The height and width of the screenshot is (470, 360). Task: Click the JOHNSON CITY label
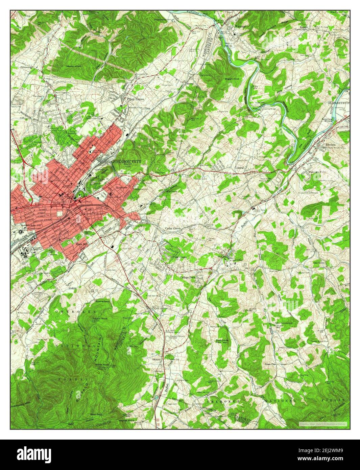pos(127,161)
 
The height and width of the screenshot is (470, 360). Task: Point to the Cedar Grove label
pos(173,229)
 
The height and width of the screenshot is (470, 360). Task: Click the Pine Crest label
pos(179,257)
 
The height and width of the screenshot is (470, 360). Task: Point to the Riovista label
pos(327,143)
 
